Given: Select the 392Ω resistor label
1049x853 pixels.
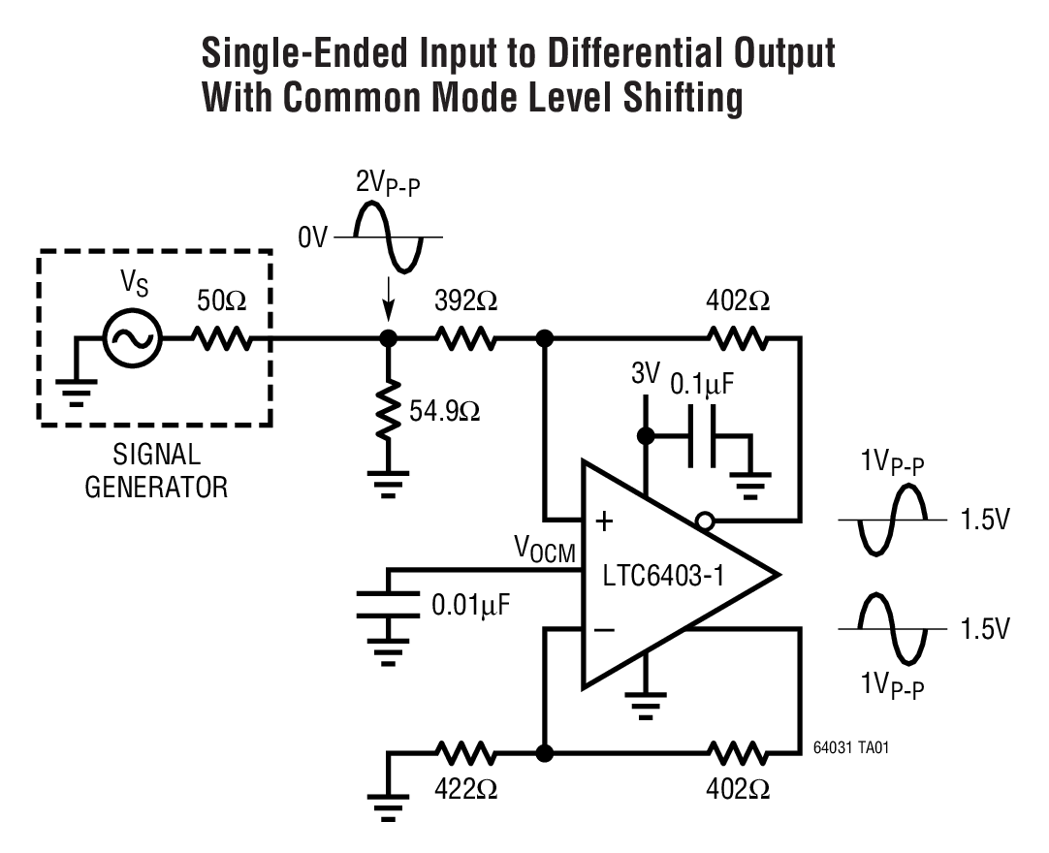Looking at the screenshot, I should (467, 300).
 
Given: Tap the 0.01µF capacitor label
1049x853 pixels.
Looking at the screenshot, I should (470, 606).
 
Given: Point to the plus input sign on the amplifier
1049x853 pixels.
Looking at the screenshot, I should (604, 522).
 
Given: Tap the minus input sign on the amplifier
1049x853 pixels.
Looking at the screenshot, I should (604, 629).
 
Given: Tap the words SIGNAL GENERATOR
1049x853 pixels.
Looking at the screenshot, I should (156, 469).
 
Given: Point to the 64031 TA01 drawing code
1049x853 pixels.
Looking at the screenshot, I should (850, 749).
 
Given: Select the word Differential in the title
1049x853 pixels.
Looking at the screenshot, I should (607, 54).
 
